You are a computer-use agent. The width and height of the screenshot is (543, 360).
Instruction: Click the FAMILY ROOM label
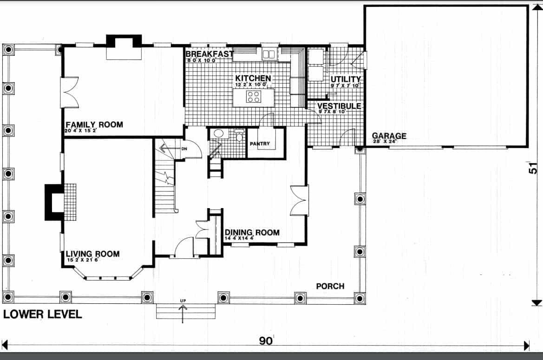94,124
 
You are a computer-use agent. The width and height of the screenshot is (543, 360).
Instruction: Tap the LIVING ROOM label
92,254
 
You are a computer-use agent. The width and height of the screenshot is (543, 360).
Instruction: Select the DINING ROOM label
252,232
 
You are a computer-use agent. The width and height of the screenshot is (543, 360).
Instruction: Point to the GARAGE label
389,136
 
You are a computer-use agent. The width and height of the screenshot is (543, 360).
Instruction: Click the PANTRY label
259,144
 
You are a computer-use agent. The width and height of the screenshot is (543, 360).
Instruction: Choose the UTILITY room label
346,80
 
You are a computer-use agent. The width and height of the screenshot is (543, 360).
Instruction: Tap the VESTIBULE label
339,106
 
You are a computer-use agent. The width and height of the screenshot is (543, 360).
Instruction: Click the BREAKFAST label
209,54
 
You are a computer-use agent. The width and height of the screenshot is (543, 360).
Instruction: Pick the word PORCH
330,286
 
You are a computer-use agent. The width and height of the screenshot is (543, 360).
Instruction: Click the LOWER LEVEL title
43,314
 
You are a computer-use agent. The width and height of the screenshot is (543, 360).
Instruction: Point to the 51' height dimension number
534,167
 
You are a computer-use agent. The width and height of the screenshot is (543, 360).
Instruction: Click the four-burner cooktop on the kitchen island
254,97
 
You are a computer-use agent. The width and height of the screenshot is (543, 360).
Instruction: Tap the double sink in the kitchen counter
269,54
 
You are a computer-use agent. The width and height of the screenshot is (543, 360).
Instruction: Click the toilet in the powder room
240,135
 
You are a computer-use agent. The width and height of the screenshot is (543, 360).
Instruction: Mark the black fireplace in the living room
53,202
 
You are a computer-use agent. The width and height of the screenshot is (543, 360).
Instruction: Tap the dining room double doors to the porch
299,201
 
